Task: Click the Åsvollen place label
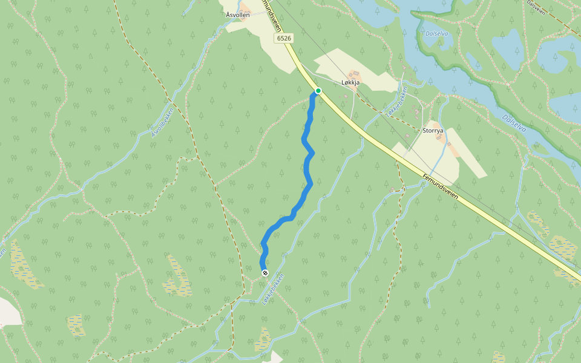237,15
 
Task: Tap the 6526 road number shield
283,38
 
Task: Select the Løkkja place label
350,82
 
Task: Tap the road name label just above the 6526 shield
272,15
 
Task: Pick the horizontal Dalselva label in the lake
436,34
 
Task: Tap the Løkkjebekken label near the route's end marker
273,288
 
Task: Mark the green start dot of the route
318,91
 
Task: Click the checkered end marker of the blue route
265,273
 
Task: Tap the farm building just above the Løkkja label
353,74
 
